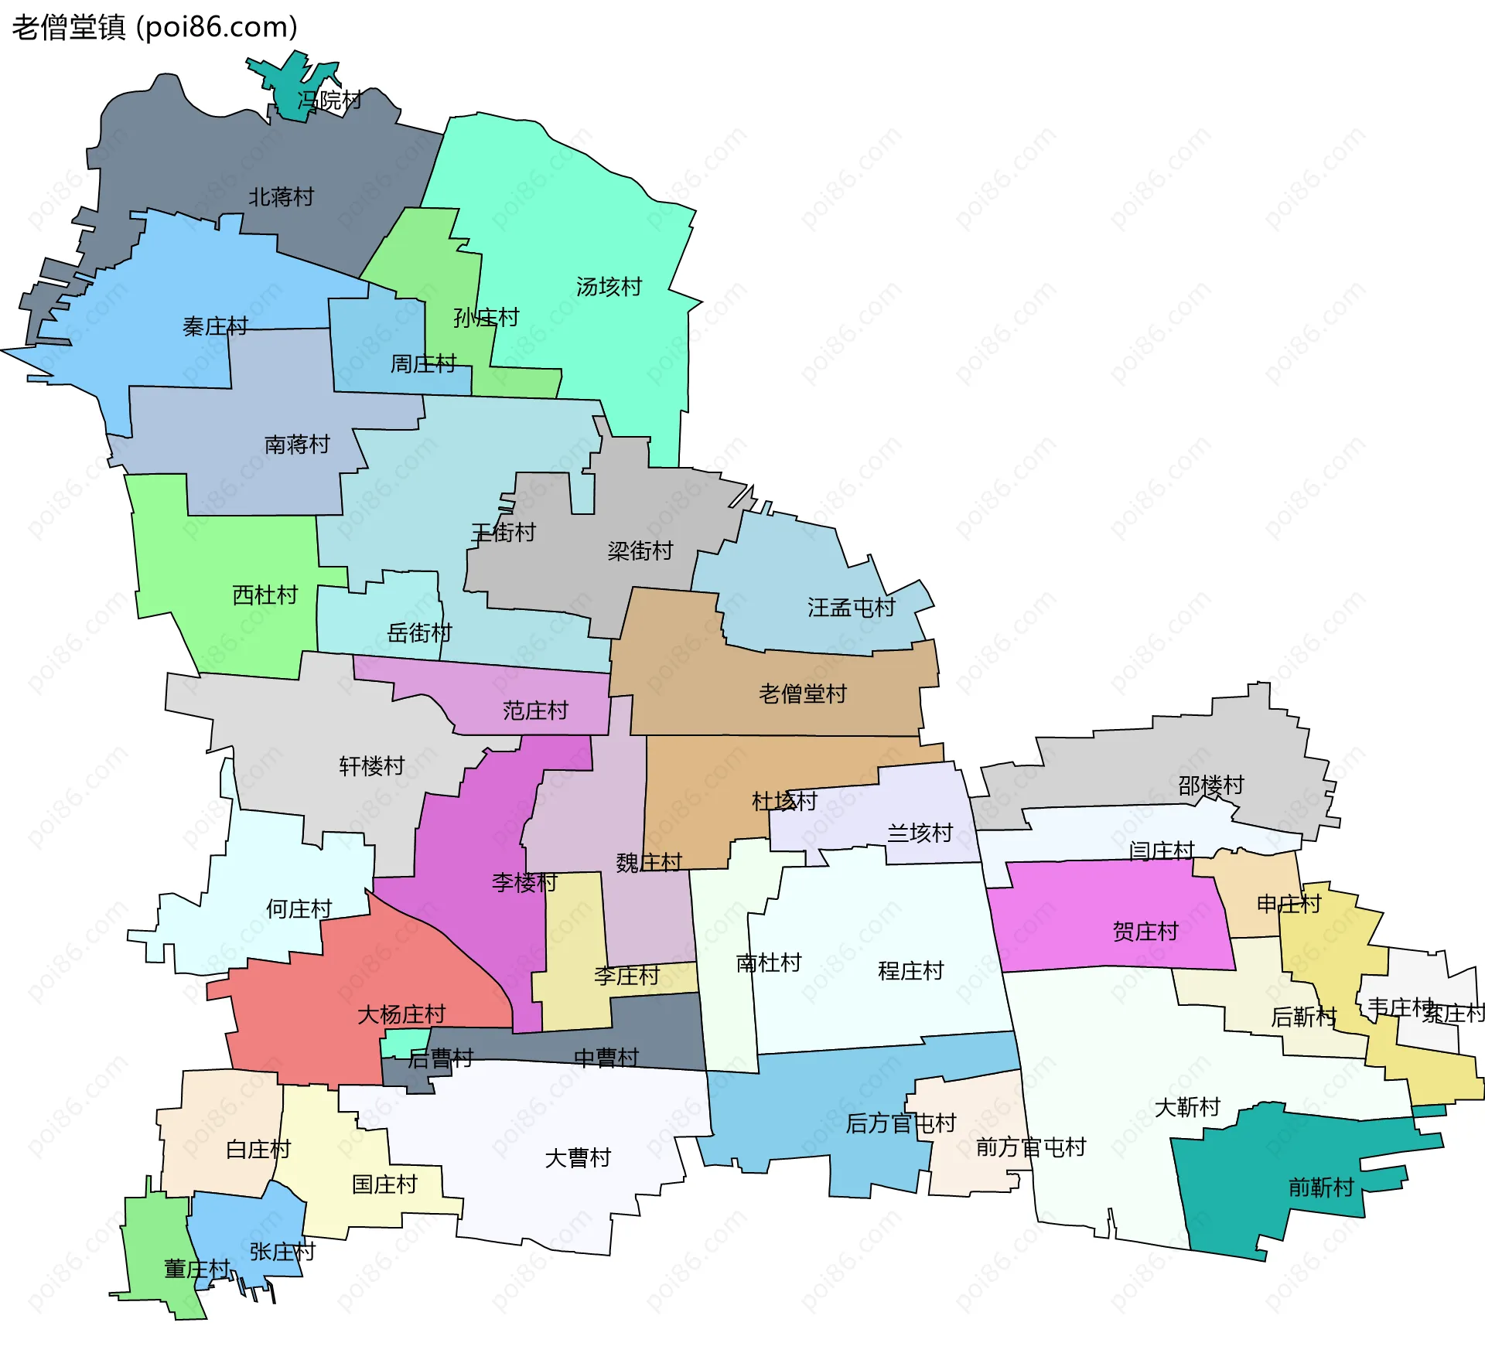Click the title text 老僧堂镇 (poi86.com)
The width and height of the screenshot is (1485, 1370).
tap(155, 28)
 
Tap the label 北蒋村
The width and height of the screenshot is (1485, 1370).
tap(281, 197)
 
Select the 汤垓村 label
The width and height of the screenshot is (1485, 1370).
tap(609, 287)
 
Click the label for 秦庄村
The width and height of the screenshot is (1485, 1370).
tap(215, 327)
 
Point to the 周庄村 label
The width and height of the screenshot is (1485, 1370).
tap(423, 363)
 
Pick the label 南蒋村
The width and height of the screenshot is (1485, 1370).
tap(297, 445)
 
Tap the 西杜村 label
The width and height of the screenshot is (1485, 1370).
tap(265, 595)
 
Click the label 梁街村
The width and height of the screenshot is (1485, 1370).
tap(640, 551)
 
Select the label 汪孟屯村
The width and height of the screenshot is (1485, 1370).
tap(852, 608)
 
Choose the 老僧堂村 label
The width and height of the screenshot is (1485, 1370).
tap(803, 694)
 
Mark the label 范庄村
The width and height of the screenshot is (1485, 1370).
tap(535, 711)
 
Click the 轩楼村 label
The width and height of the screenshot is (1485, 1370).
tap(372, 766)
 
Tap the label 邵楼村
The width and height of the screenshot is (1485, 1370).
tap(1211, 786)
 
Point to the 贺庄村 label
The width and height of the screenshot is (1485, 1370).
tap(1145, 932)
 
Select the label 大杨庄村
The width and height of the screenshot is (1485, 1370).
tap(401, 1014)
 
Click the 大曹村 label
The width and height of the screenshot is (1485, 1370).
tap(578, 1158)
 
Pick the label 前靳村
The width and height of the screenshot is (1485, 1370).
tap(1321, 1187)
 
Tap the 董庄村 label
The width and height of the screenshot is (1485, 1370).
tap(196, 1269)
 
